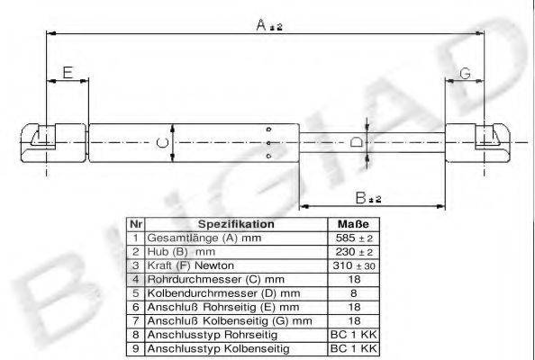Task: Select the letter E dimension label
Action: pyautogui.click(x=66, y=72)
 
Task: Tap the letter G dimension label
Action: pyautogui.click(x=465, y=72)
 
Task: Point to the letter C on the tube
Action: pyautogui.click(x=161, y=142)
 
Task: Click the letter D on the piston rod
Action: pyautogui.click(x=356, y=142)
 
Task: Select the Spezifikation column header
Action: pyautogui.click(x=236, y=224)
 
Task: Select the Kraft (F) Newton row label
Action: pyautogui.click(x=190, y=265)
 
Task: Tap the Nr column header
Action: pyautogui.click(x=134, y=224)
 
